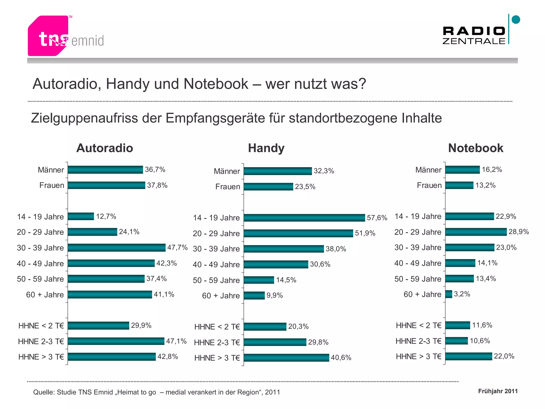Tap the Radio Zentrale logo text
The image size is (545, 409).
474,35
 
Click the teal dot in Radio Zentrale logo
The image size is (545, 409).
516,20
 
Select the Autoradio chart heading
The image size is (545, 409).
105,148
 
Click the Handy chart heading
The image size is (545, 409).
266,148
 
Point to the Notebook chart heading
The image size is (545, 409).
476,148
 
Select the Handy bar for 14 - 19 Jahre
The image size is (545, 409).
304,218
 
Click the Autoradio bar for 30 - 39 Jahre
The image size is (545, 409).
117,248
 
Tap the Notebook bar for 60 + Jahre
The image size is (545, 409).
449,294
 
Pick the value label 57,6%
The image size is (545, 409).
377,218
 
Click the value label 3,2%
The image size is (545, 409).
462,294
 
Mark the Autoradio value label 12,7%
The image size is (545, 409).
106,216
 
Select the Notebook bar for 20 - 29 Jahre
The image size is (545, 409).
476,232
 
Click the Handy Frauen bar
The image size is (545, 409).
268,187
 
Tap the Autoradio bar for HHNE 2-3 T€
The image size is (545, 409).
116,341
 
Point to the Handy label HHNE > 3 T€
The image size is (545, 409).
217,358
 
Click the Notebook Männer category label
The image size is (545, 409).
428,170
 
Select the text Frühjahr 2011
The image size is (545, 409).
498,391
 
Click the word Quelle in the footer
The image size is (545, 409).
43,392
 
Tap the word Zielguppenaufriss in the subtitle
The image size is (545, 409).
84,118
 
